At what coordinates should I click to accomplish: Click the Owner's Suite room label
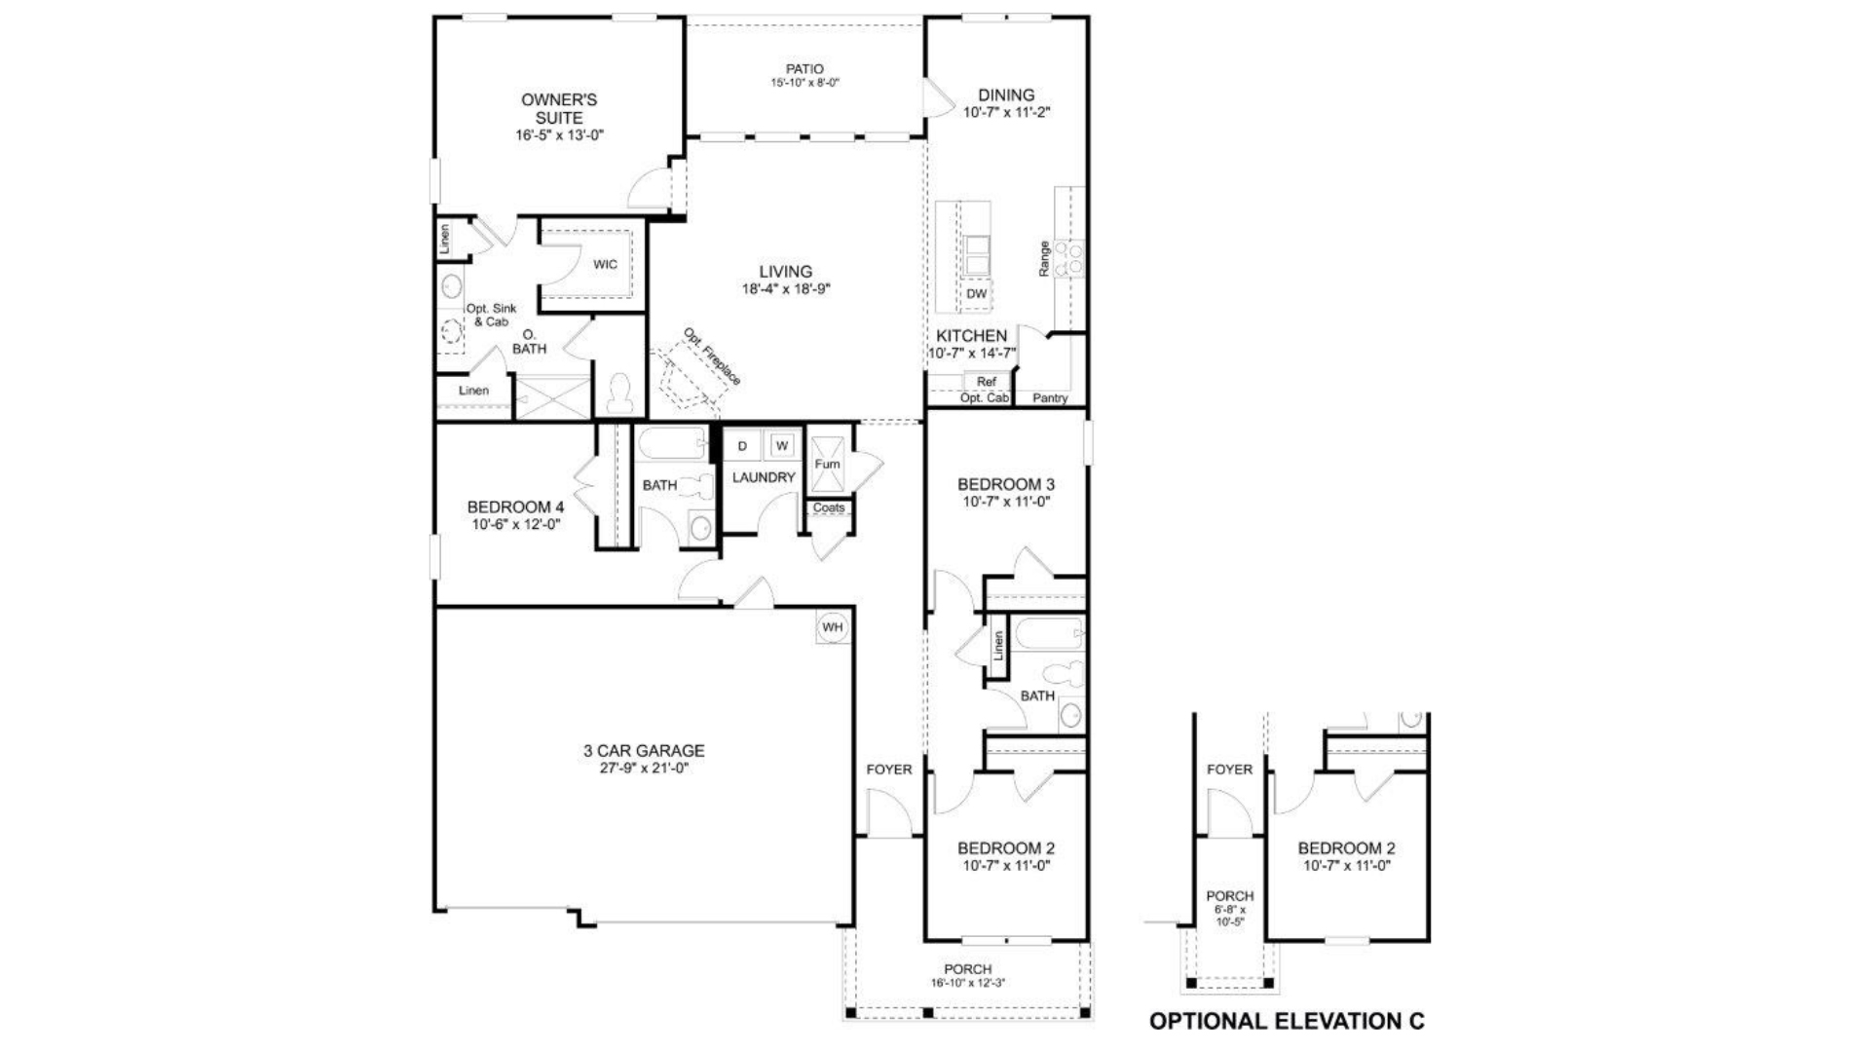click(x=559, y=108)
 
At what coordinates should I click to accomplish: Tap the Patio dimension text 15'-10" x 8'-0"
click(x=804, y=84)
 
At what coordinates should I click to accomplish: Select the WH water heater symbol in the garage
click(x=832, y=627)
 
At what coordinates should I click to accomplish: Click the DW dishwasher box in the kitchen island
click(x=976, y=294)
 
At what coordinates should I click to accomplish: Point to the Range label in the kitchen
click(x=1044, y=259)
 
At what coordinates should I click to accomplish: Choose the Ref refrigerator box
click(x=987, y=382)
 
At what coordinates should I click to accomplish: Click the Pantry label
click(x=1050, y=397)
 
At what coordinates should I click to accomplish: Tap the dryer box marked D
click(x=742, y=446)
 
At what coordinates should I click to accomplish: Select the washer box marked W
click(x=781, y=446)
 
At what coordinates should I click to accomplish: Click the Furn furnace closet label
click(x=827, y=464)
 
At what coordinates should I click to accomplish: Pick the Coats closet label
click(x=829, y=507)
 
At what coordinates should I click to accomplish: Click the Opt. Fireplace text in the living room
click(x=712, y=357)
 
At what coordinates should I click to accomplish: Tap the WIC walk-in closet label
click(x=605, y=265)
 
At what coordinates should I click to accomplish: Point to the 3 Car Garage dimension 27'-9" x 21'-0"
click(x=644, y=768)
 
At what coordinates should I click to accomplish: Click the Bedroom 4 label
click(x=515, y=507)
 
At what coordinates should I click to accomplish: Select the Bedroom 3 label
click(x=1006, y=484)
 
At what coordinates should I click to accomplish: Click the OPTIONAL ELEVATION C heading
click(x=1287, y=1021)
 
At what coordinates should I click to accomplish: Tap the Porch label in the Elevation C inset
click(x=1229, y=895)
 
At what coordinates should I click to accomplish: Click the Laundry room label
click(x=764, y=477)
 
